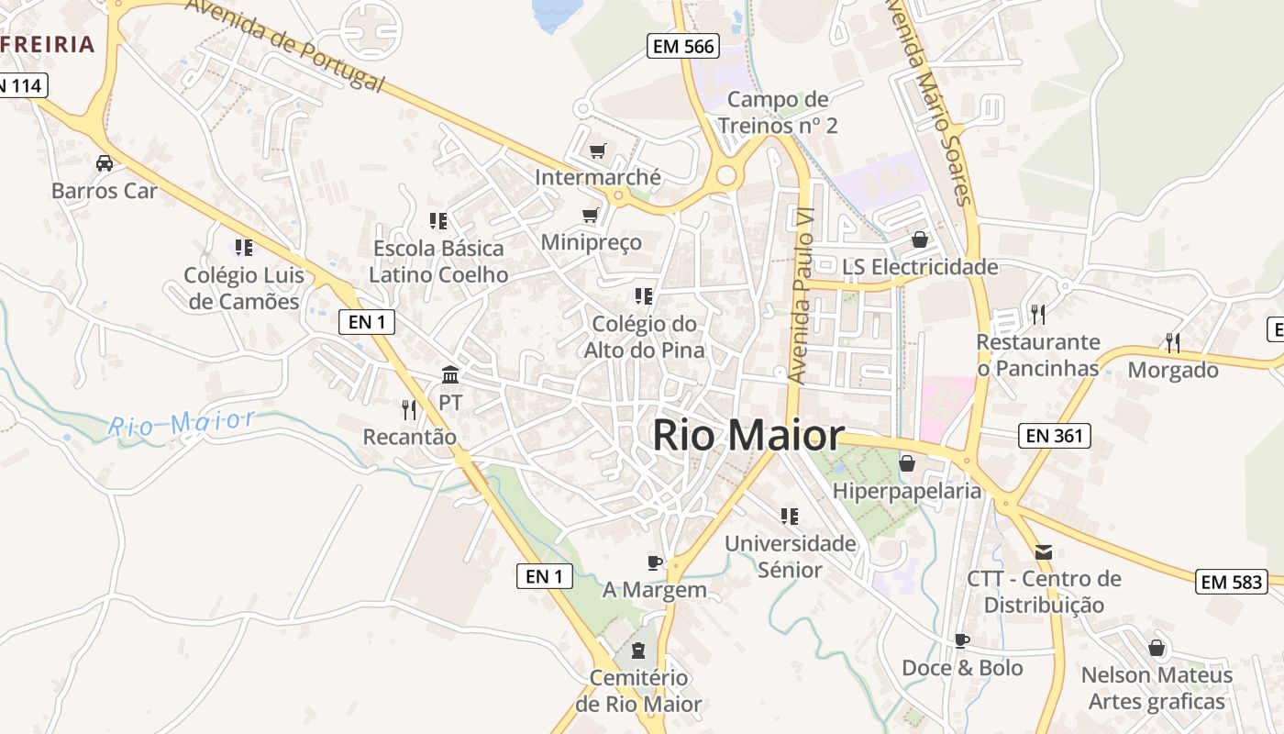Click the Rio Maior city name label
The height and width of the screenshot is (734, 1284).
click(747, 436)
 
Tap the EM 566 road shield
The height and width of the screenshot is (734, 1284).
click(682, 47)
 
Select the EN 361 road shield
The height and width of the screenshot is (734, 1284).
click(1055, 436)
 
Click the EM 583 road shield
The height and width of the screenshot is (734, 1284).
click(1232, 581)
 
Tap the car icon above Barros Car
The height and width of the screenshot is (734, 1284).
click(105, 163)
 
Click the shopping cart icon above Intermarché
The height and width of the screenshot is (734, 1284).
click(598, 150)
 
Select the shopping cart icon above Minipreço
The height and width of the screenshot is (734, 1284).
click(591, 216)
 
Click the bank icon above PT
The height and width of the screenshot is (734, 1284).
click(450, 375)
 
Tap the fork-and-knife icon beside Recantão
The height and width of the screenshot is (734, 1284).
click(409, 409)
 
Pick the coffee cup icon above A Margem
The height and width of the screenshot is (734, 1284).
click(654, 562)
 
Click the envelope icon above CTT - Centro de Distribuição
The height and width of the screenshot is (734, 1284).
click(1044, 552)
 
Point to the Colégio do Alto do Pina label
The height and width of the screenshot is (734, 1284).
click(645, 337)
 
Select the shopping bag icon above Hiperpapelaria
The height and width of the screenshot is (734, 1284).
click(907, 463)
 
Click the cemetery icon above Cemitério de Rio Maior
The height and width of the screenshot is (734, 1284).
click(638, 651)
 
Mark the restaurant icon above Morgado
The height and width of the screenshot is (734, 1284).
click(1173, 343)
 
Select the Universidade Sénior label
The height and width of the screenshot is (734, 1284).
click(791, 556)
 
